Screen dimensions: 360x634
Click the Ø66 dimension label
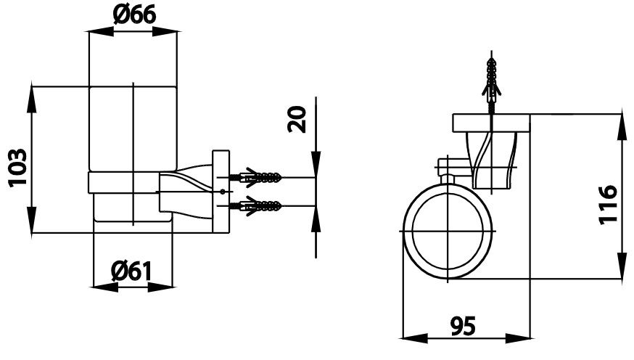click(x=133, y=15)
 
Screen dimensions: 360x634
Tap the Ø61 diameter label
click(x=131, y=271)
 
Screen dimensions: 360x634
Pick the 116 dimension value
click(x=608, y=205)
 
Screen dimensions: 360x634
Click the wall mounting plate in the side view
click(x=220, y=192)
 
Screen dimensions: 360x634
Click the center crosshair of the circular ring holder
click(x=449, y=231)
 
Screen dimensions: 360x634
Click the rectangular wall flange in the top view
click(x=492, y=123)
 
